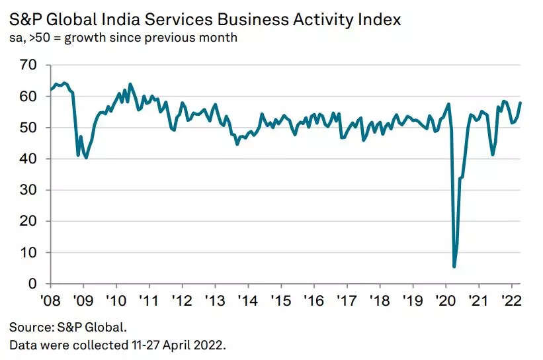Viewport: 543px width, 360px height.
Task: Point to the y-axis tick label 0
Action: [31, 284]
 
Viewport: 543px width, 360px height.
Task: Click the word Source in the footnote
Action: [29, 327]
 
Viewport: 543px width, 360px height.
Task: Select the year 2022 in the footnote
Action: [212, 345]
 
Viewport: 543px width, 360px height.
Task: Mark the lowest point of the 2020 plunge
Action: [454, 267]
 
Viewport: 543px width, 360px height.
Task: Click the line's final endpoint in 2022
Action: [521, 103]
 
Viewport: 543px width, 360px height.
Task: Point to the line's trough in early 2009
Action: [86, 157]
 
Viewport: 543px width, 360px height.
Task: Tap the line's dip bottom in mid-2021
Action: [492, 155]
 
